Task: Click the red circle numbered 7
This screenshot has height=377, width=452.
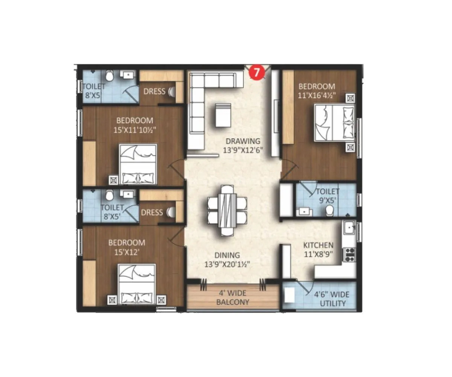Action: [x=256, y=73]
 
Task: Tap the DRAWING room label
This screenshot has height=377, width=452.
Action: [x=243, y=141]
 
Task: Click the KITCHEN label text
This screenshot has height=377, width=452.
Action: [x=318, y=245]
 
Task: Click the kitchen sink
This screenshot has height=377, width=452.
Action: [x=349, y=228]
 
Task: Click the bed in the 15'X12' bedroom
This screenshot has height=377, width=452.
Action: [x=137, y=285]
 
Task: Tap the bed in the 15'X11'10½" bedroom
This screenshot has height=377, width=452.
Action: [x=137, y=164]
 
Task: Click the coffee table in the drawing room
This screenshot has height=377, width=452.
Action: [x=223, y=115]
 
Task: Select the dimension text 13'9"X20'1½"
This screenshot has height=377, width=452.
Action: [x=227, y=265]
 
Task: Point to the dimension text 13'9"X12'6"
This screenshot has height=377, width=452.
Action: [x=243, y=150]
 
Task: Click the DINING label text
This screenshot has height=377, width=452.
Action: [x=227, y=256]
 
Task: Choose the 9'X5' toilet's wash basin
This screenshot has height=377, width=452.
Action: [x=304, y=211]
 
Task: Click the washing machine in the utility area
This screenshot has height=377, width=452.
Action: [x=290, y=295]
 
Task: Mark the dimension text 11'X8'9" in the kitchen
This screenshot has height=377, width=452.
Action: [x=318, y=254]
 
